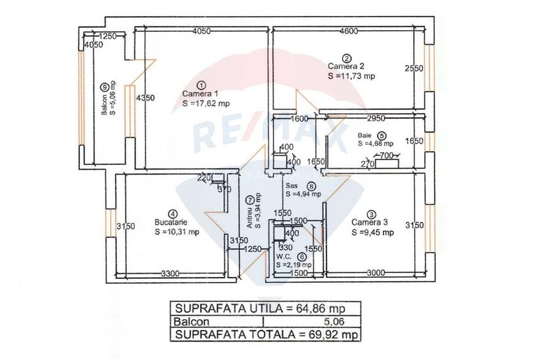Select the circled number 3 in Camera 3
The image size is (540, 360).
[372, 214]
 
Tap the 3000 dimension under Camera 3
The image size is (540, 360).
[376, 273]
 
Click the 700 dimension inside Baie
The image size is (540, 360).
[386, 155]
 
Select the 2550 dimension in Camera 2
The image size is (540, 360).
[413, 68]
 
